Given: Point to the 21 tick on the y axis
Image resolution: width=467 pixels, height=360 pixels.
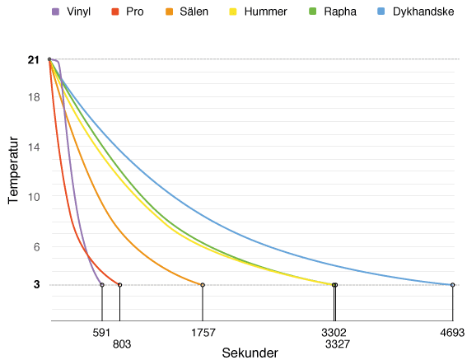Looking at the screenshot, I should coord(33,60).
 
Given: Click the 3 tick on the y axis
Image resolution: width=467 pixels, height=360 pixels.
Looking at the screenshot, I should coord(35,285).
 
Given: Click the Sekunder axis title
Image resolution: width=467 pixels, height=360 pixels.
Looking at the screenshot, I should coord(250,353).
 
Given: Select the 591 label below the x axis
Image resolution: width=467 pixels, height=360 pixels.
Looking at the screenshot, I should coord(101,333).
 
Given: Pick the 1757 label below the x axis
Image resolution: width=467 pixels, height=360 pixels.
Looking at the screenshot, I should coord(203,333).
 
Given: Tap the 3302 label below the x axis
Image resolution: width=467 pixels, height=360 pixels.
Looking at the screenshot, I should coord(333,333).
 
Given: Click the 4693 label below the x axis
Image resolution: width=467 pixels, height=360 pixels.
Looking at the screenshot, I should coord(452,333).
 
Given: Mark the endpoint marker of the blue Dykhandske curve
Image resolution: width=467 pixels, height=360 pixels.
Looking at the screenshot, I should coord(452,285).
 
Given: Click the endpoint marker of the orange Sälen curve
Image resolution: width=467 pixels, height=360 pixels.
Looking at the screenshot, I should coord(203,285).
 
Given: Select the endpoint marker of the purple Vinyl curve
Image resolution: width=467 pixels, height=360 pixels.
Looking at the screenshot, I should coord(101,285).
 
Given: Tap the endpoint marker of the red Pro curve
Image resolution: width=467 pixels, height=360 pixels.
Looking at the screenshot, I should coord(119,285).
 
